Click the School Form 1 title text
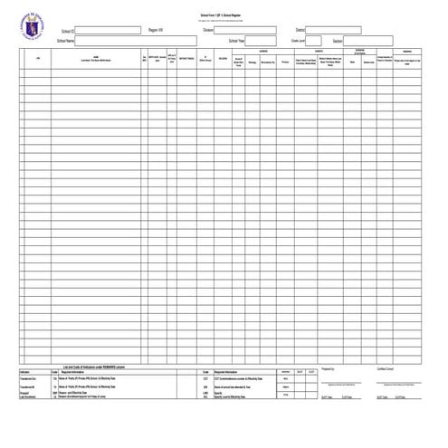(223, 15)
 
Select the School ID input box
(105, 30)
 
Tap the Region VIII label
(156, 30)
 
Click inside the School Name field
(136, 41)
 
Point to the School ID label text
(67, 30)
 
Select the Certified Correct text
(386, 369)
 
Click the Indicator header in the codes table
(25, 371)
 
